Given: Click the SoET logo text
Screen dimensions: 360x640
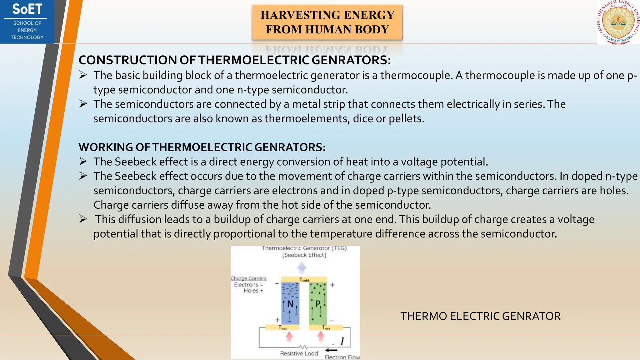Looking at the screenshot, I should pyautogui.click(x=27, y=9).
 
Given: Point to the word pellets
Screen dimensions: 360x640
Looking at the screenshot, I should pyautogui.click(x=406, y=119).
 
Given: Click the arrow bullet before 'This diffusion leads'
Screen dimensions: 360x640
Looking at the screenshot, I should pyautogui.click(x=83, y=219).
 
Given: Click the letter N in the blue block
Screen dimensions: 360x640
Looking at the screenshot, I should pyautogui.click(x=290, y=304).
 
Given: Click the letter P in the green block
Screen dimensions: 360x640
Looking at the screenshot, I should pyautogui.click(x=318, y=304).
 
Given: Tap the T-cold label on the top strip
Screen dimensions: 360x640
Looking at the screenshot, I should pyautogui.click(x=304, y=280).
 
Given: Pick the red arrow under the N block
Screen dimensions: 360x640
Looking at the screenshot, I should pyautogui.click(x=289, y=337).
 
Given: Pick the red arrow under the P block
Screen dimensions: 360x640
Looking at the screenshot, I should pyautogui.click(x=321, y=337).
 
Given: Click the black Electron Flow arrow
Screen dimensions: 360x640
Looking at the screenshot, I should pyautogui.click(x=331, y=350).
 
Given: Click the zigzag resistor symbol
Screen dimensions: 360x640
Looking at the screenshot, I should pyautogui.click(x=303, y=347).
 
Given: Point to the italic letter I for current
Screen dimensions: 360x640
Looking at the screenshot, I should pyautogui.click(x=342, y=342).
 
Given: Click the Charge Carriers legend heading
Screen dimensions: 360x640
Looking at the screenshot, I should pyautogui.click(x=248, y=278).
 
